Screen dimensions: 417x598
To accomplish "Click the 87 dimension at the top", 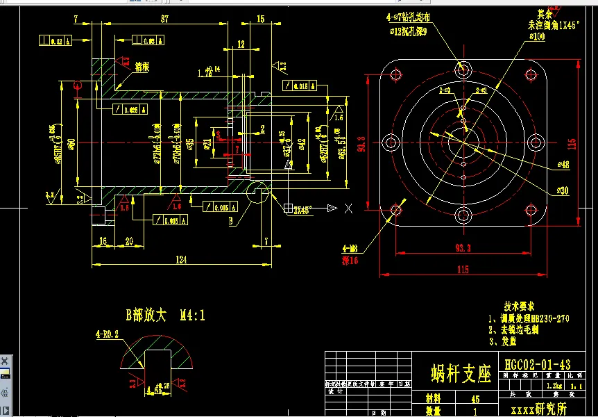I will click(164, 19).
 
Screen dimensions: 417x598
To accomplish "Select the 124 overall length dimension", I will click(181, 260).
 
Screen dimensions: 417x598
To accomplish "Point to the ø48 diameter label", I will click(562, 165).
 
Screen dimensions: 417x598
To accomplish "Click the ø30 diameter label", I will click(562, 190).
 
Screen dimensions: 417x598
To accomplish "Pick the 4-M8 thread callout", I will click(350, 248).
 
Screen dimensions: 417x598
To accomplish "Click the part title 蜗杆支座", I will click(461, 373).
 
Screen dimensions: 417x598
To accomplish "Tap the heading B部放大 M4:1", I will click(165, 316).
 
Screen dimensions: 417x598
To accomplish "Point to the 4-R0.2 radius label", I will click(107, 334).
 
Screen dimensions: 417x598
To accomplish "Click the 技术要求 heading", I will click(519, 306).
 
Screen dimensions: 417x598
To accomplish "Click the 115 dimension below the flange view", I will click(462, 269).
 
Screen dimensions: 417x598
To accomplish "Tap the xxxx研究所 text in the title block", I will click(538, 409).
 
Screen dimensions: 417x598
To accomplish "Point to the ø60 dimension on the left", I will click(71, 145).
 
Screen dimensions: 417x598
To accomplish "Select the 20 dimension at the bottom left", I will click(129, 241).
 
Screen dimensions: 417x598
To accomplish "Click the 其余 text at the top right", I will click(546, 13).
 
